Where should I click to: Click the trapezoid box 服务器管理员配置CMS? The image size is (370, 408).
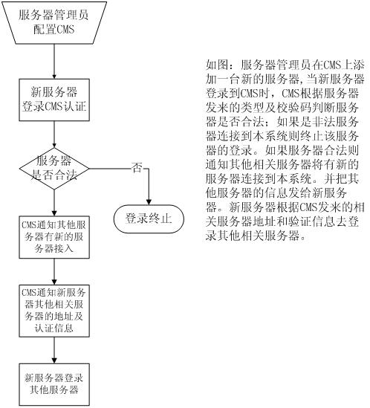point(54,23)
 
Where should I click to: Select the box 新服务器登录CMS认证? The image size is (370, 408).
point(54,100)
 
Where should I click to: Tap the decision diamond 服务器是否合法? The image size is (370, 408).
point(54,169)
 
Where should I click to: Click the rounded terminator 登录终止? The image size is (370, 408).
point(149,218)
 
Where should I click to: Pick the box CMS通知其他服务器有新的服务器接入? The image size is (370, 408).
point(54,237)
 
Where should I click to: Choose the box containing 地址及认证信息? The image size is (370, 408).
point(54,311)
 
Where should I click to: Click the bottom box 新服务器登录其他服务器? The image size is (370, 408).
point(54,384)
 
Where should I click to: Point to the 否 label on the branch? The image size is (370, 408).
point(137,167)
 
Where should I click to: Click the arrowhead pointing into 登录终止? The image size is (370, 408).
point(149,202)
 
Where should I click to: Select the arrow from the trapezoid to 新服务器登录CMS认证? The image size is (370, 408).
point(54,62)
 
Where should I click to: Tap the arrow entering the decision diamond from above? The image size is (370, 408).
point(54,135)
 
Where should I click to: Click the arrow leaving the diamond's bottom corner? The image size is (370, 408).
point(54,203)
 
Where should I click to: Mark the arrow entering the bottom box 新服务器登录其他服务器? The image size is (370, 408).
point(54,351)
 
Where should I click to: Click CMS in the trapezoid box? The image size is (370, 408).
point(65,29)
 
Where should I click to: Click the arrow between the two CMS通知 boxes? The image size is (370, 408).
point(54,272)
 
